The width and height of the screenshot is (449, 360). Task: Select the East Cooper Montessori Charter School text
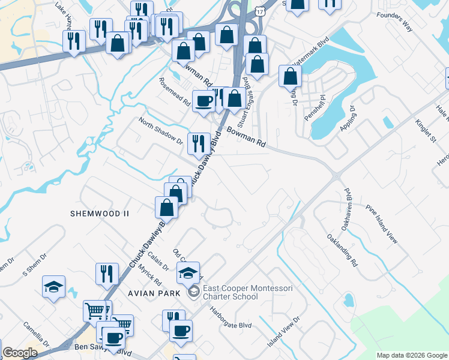[x=248, y=292]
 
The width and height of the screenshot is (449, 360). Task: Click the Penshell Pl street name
[x=314, y=107]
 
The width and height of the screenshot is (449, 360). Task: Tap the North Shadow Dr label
[x=160, y=131]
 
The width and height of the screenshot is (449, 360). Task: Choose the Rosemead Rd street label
[x=174, y=92]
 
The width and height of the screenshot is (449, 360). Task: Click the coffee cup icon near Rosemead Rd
[x=203, y=100]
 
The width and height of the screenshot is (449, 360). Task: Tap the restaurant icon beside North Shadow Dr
[x=199, y=143]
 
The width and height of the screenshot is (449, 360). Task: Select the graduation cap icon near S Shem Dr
[x=54, y=286]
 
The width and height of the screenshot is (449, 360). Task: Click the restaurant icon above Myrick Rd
[x=107, y=274]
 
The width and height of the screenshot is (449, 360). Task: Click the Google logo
[x=20, y=353]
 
